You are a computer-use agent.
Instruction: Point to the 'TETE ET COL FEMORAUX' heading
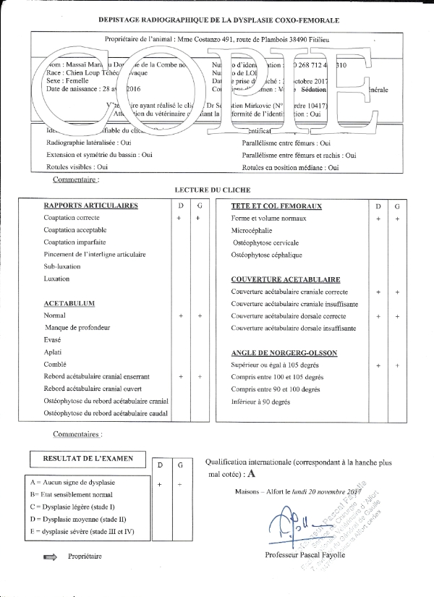click(276, 206)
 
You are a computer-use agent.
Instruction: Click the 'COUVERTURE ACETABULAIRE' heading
click(286, 279)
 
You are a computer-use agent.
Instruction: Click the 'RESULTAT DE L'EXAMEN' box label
click(85, 459)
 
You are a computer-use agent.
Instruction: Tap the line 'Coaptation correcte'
click(72, 218)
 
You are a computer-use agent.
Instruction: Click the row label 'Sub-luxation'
click(61, 267)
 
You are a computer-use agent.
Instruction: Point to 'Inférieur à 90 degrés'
click(260, 402)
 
